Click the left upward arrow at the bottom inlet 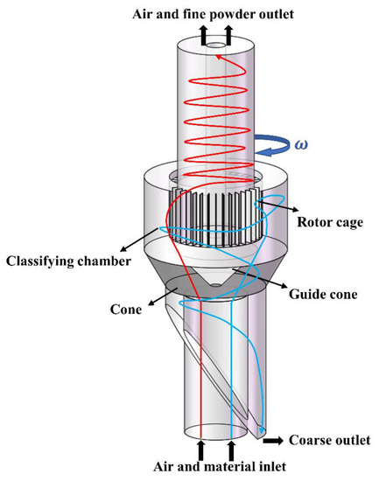pos(202,450)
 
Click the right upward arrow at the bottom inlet pos(229,450)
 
